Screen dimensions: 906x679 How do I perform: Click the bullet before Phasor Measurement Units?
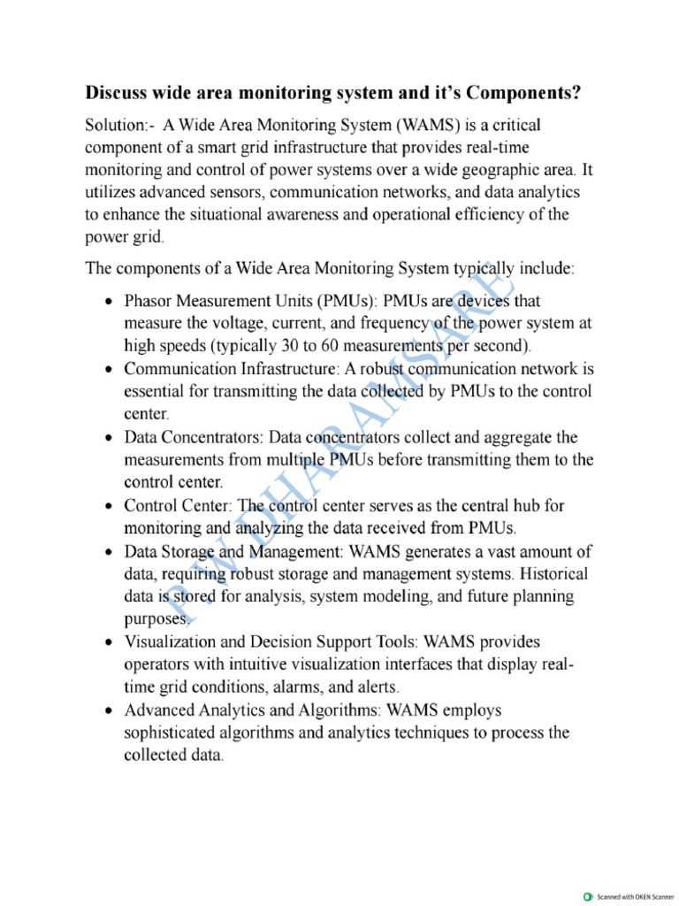108,301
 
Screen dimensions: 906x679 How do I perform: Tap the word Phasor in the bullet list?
150,301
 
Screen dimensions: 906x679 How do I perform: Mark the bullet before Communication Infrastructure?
108,369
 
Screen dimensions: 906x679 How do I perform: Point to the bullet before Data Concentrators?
108,437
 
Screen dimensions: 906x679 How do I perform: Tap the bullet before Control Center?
108,506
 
